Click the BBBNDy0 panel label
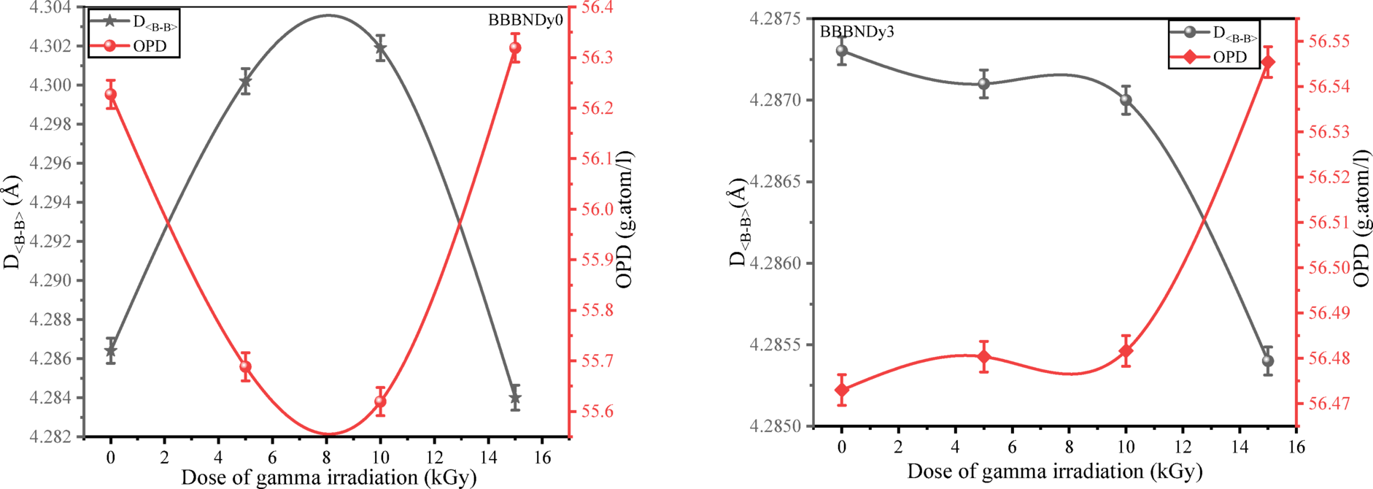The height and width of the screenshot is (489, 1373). (x=525, y=20)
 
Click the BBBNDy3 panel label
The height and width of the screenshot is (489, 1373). (x=856, y=32)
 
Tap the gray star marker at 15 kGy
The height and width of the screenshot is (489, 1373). (x=515, y=398)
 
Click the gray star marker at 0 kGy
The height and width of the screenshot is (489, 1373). (x=111, y=351)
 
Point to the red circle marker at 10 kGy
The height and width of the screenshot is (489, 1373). (x=380, y=401)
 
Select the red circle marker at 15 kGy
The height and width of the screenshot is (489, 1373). (x=515, y=48)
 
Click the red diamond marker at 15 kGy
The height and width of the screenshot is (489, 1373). (x=1268, y=62)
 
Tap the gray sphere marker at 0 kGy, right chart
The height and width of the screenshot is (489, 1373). (x=842, y=51)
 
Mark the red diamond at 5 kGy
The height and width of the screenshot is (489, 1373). (x=984, y=357)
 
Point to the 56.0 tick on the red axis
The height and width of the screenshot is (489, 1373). (x=597, y=209)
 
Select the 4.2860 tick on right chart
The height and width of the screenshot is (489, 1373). (x=776, y=263)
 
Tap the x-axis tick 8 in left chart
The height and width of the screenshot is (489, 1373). (x=326, y=458)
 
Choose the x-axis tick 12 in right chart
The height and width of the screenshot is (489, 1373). (x=1182, y=447)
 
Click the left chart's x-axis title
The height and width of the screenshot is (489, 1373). (x=328, y=478)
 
